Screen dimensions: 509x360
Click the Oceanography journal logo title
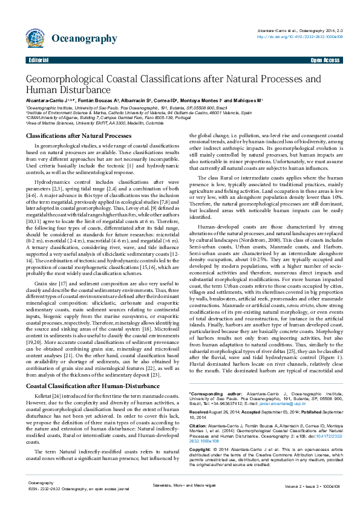[84, 39]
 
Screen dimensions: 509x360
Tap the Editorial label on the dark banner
[38, 61]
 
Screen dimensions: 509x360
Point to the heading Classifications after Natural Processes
[79, 136]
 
